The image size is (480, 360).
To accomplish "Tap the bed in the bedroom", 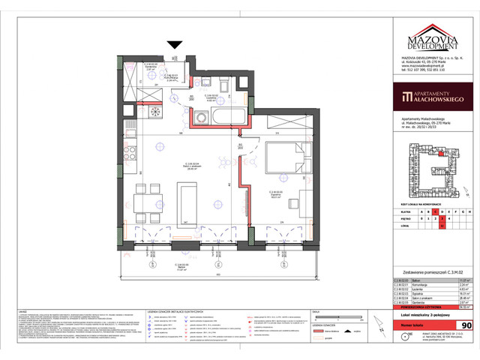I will [x=286, y=159].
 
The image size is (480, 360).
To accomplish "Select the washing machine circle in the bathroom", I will [x=202, y=118].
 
